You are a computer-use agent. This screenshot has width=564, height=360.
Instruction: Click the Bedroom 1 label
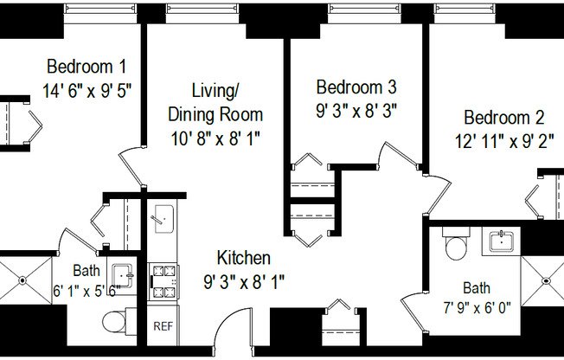pos(87,67)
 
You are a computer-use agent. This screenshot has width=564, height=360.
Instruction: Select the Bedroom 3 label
pos(356,87)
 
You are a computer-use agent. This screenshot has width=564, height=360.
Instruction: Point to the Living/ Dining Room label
pos(215,101)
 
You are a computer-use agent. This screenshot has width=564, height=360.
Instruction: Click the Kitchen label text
pos(243,258)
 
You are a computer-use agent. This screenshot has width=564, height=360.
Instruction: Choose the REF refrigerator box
pos(163,325)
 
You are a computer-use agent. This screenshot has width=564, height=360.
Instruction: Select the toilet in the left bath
pos(117,322)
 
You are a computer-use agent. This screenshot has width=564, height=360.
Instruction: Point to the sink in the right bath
pos(501,240)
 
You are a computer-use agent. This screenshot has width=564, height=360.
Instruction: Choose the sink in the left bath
pos(124,276)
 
